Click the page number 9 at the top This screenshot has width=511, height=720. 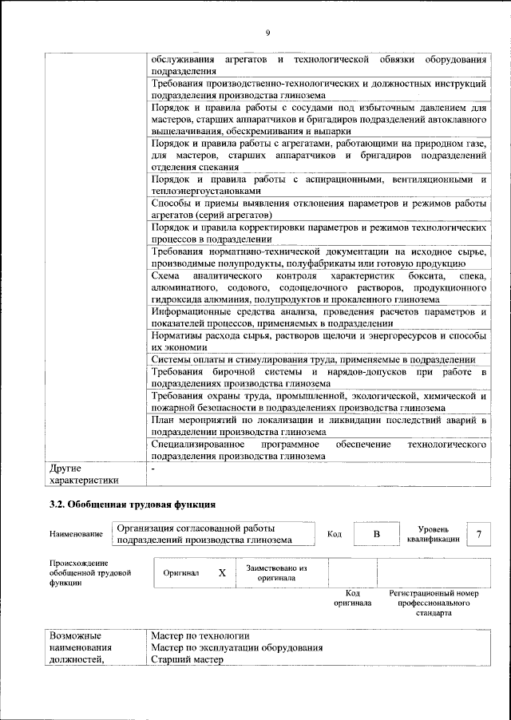[x=267, y=32]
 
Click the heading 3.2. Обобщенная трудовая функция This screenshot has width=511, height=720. [x=132, y=504]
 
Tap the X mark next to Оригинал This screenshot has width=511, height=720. [x=223, y=573]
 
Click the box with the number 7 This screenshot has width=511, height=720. [x=478, y=533]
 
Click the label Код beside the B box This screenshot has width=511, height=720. [x=335, y=533]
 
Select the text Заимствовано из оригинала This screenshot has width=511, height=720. [x=276, y=572]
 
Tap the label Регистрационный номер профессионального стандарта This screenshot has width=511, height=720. [x=434, y=607]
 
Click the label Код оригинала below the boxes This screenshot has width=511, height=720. [x=352, y=599]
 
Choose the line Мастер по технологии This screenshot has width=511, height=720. [x=200, y=635]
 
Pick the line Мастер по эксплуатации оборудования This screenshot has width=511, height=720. [x=236, y=647]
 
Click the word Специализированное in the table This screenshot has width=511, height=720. [x=195, y=444]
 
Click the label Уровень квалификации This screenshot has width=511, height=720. [x=433, y=534]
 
